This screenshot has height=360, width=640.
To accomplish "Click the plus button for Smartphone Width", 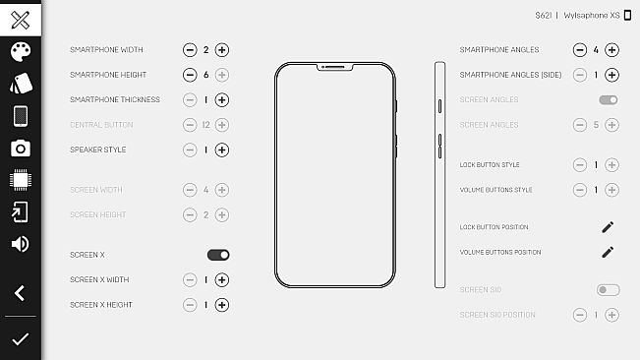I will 222,49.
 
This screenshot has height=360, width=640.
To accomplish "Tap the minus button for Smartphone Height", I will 190,75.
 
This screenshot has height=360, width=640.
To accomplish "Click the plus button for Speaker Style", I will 222,150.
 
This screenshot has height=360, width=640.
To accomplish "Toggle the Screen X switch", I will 218,255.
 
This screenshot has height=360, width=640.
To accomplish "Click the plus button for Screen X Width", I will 222,279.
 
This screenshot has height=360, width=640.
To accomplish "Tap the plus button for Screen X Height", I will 222,305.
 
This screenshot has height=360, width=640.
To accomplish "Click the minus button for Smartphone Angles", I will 579,49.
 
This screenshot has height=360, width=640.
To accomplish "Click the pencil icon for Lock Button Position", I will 608,227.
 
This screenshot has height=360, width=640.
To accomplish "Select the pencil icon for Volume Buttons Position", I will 608,252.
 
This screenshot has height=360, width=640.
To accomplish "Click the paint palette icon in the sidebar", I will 20,52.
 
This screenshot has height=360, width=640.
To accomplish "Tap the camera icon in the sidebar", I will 20,149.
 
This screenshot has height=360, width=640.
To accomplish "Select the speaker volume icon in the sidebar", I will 20,244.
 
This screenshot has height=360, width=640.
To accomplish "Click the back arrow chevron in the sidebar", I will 20,292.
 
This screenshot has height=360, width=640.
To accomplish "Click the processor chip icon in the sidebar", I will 20,180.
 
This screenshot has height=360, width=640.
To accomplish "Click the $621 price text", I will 543,16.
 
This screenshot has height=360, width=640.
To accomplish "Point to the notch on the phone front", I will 334,68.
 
